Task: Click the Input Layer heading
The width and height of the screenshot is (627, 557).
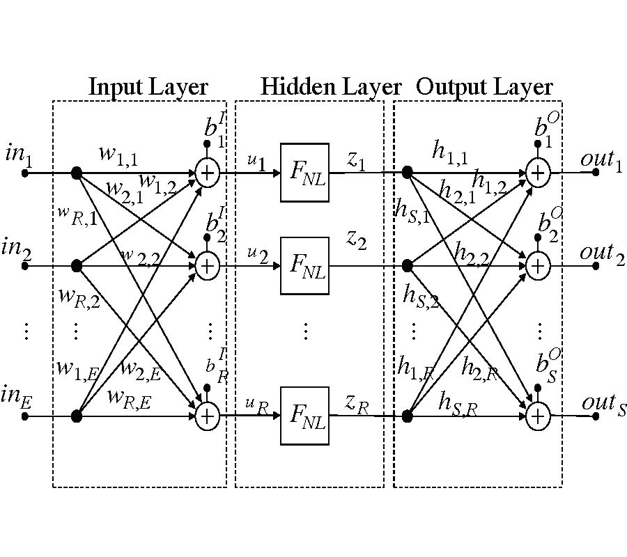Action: [148, 88]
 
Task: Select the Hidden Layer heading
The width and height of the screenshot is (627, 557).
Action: [331, 88]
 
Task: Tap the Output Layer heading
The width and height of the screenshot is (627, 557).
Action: [484, 88]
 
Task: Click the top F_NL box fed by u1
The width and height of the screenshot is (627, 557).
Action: [304, 173]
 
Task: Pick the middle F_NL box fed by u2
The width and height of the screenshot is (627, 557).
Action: [304, 265]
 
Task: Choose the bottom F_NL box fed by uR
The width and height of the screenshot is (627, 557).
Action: [304, 416]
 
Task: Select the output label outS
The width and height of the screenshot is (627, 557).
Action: [603, 404]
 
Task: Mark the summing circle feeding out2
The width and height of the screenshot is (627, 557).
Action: [537, 265]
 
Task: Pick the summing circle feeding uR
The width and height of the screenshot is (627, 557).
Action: [207, 416]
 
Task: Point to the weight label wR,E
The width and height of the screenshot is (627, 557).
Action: [130, 398]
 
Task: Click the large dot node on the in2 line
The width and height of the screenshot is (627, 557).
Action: [77, 265]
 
